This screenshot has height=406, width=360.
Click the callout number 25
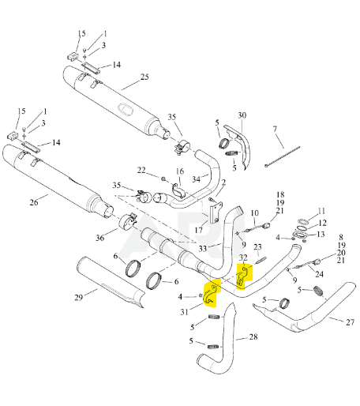pos(144,77)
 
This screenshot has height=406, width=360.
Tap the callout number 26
pos(34,202)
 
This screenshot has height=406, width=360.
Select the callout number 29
pos(79,298)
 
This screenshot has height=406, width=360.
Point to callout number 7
pos(275,129)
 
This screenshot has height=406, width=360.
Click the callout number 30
pos(242,115)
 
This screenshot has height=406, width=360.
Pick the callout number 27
pos(351,322)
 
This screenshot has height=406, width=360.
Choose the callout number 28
pos(253,336)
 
